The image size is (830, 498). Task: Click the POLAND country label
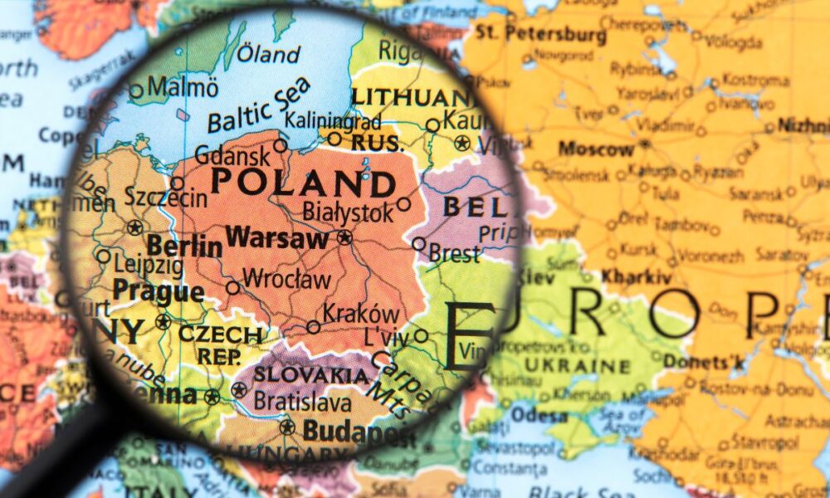[x=302, y=182]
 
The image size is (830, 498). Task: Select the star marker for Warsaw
[x=344, y=237]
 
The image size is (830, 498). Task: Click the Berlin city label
[x=184, y=246]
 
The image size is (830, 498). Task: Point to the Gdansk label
[x=231, y=155]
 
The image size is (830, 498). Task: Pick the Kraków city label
[x=360, y=315]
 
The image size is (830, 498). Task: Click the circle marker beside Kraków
[x=313, y=327]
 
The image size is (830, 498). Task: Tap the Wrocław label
[x=287, y=280]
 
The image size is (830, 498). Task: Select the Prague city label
[x=158, y=291]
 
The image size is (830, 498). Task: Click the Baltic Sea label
[x=258, y=106]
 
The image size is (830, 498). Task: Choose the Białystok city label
[x=348, y=212]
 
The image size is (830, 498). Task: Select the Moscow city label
[x=595, y=149]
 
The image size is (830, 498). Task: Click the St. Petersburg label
[x=541, y=34]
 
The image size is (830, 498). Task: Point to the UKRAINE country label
[x=589, y=366]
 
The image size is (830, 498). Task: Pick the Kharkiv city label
[x=636, y=276]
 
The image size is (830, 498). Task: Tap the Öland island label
[x=268, y=55]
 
